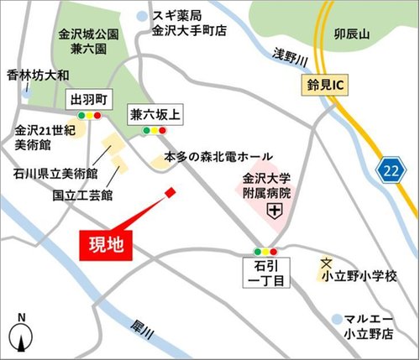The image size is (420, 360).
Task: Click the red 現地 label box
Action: coord(107,245)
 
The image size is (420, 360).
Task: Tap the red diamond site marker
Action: coord(171,192)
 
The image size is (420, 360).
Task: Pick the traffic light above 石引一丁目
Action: coord(266,252)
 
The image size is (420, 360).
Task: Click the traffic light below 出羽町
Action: coord(88,115)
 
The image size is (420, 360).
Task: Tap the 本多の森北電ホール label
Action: coord(218,157)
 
